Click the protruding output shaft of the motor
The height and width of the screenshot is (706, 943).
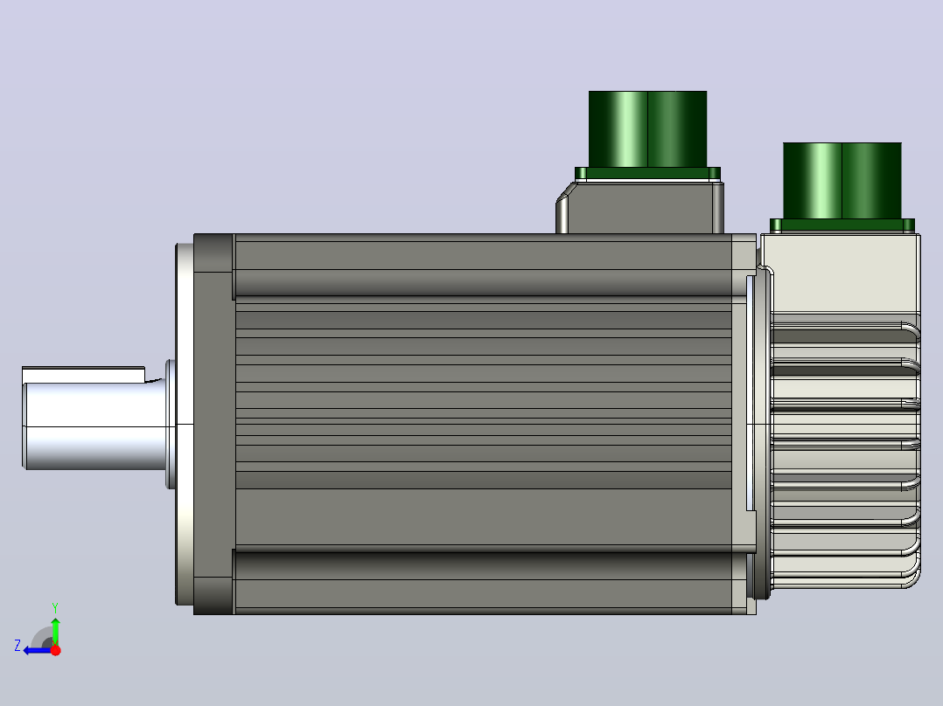point(96,419)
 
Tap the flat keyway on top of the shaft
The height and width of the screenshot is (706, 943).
point(84,374)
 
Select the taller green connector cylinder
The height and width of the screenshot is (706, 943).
point(647,129)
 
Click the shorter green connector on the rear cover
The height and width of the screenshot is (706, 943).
point(842,181)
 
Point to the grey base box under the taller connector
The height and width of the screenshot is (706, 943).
point(640,208)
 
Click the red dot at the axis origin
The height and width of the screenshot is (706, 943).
point(55,650)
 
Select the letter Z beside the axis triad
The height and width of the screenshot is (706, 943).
point(17,646)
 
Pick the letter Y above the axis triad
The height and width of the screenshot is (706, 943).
point(55,607)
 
